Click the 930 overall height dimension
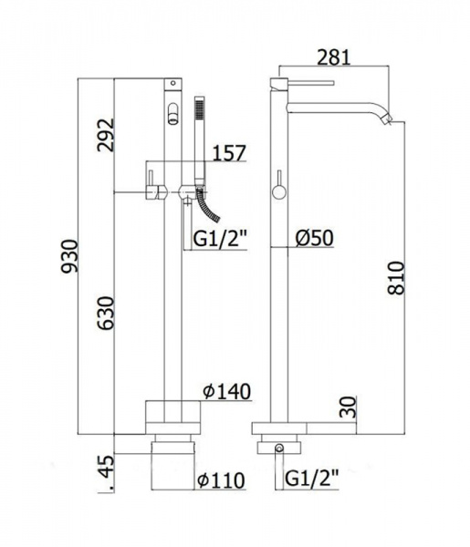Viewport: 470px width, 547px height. coord(69,255)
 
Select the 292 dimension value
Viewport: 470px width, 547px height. coord(106,135)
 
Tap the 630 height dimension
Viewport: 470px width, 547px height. coord(106,313)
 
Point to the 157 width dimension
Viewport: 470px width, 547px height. coord(229,153)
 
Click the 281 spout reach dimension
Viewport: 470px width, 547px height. coord(333,57)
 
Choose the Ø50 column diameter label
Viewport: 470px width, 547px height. coord(314,238)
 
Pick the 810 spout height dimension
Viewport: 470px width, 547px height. coord(396,278)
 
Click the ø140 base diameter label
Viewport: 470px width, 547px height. coord(227,391)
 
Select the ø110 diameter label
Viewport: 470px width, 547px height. coord(221,480)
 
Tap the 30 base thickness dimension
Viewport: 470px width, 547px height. coord(348,407)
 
